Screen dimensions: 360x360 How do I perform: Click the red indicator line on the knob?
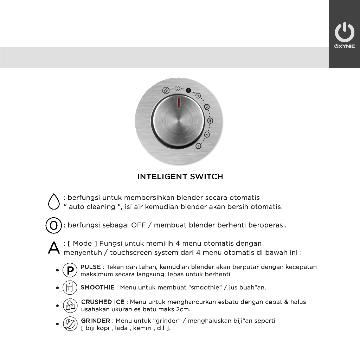click(x=179, y=102)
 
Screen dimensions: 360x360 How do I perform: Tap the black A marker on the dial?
click(x=188, y=90)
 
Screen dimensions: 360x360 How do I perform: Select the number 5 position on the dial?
click(x=199, y=146)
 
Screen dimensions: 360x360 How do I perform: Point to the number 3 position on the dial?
click(x=210, y=121)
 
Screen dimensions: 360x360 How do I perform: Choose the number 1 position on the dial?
click(x=198, y=96)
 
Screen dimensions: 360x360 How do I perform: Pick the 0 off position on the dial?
click(x=178, y=88)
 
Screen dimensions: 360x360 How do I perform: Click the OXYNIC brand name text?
click(x=344, y=46)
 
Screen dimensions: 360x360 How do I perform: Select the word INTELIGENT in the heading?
click(x=162, y=177)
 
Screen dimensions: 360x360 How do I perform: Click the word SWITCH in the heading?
click(x=207, y=177)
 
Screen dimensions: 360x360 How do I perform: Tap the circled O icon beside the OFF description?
click(x=53, y=225)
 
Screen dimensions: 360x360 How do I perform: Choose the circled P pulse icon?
click(x=70, y=270)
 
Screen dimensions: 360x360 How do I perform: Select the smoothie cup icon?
click(x=70, y=288)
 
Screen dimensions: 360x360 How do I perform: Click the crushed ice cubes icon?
click(x=70, y=306)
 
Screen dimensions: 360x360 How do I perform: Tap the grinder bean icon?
click(x=70, y=324)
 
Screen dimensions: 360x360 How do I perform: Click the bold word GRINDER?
click(x=96, y=321)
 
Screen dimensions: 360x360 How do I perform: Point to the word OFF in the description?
click(x=138, y=225)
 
